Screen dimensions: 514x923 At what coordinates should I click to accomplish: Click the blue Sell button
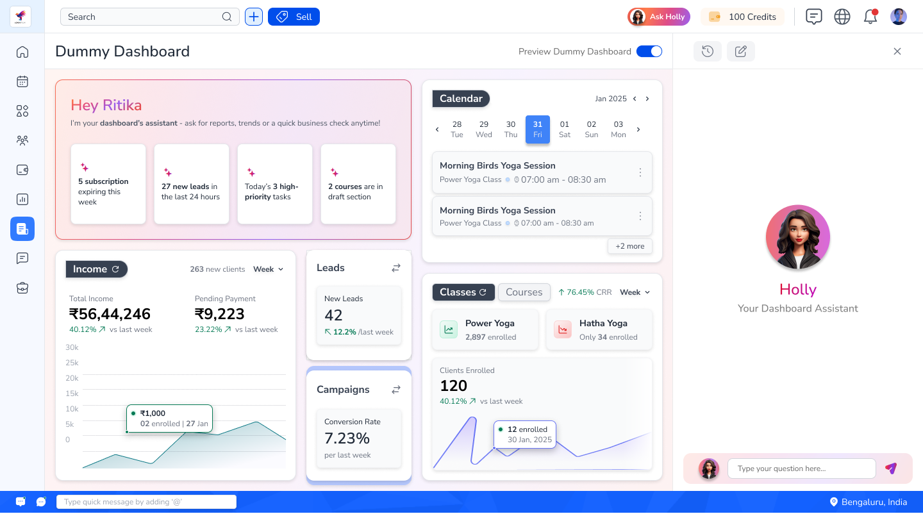tap(294, 17)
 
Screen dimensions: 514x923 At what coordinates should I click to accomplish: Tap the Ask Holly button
tap(659, 17)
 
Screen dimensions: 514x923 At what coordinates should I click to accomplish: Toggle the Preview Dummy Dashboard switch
tap(649, 51)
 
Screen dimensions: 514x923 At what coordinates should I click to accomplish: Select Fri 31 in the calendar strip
tap(537, 129)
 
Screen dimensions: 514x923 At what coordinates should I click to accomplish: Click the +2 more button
tap(629, 246)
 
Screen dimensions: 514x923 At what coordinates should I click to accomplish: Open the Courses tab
tap(524, 292)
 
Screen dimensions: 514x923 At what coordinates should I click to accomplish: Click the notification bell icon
tap(870, 17)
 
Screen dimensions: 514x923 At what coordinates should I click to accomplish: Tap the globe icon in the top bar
tap(842, 17)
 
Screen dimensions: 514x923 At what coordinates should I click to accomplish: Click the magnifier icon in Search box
tap(227, 17)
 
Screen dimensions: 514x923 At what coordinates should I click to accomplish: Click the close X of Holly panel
tap(897, 51)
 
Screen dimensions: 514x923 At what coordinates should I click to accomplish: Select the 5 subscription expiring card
tap(108, 184)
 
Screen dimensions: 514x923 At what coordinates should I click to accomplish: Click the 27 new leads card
tap(192, 184)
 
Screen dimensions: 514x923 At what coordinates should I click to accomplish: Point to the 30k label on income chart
tap(72, 347)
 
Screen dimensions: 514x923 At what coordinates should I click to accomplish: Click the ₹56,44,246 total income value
tap(110, 314)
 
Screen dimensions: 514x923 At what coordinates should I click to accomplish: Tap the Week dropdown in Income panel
tap(268, 269)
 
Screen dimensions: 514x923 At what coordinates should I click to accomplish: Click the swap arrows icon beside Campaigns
tap(396, 390)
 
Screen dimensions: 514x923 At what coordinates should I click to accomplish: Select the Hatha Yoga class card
tap(599, 329)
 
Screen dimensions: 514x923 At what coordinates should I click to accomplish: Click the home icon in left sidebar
tap(22, 52)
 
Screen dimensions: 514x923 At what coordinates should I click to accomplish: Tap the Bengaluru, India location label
tap(869, 502)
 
